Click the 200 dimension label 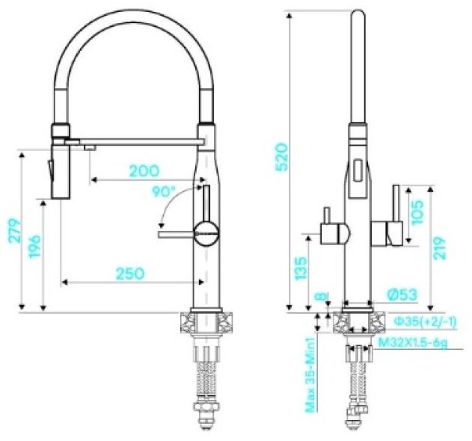[x=144, y=171]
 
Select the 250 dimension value [x=130, y=274]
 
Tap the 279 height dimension [x=15, y=231]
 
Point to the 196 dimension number [x=35, y=247]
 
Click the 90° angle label [x=164, y=192]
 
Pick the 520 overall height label [x=282, y=157]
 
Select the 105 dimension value [x=417, y=212]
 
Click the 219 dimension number [x=440, y=248]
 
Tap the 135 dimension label [x=301, y=268]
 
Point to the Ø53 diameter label [x=402, y=294]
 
